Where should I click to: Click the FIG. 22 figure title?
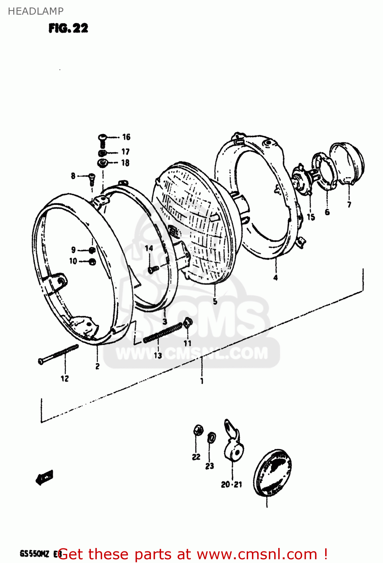(68, 29)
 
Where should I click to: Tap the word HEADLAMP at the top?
(36, 11)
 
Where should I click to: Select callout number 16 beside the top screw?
(126, 137)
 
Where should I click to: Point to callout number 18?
(125, 163)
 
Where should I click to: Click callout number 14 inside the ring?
(149, 248)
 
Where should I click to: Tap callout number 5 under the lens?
(215, 301)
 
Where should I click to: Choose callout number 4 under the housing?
(276, 278)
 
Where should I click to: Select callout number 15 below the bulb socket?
(311, 217)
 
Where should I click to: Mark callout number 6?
(327, 212)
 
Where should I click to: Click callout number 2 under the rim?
(97, 366)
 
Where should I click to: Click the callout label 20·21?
(231, 485)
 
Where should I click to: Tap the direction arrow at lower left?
(45, 477)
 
